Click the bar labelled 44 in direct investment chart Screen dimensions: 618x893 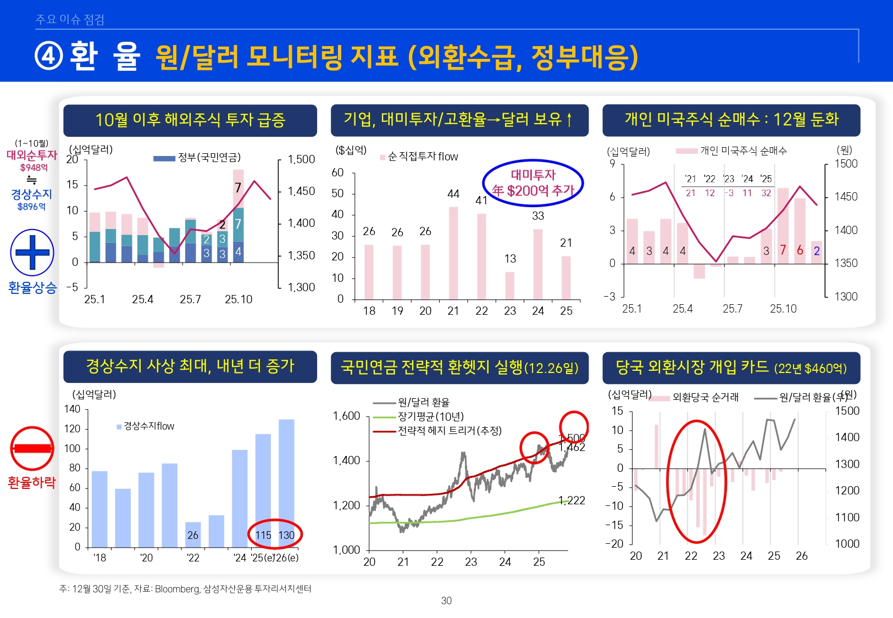tap(453, 253)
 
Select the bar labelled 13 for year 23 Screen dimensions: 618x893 tap(510, 286)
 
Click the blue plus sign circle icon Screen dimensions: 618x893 tap(32, 253)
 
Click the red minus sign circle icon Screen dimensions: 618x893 tap(32, 448)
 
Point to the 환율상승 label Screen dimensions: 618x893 tap(32, 287)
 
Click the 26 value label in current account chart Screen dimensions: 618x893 tap(193, 535)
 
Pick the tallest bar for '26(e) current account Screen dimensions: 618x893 tap(286, 483)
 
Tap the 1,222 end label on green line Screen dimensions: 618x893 tap(572, 500)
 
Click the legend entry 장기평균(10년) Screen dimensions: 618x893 tap(431, 417)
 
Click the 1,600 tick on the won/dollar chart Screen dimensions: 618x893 tap(346, 416)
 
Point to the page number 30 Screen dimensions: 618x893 tap(446, 601)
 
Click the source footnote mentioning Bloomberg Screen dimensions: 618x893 tap(185, 589)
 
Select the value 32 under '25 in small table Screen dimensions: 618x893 tap(766, 193)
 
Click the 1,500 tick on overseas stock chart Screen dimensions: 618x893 tap(301, 159)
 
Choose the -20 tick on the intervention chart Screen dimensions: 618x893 tap(615, 544)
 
